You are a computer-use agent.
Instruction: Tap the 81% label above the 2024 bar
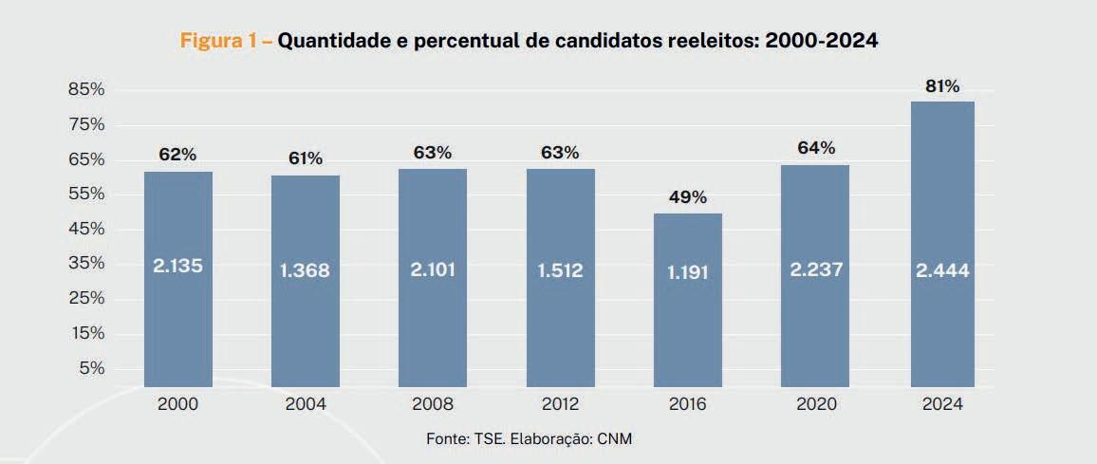tap(942, 86)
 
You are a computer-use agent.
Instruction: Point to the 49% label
tap(687, 197)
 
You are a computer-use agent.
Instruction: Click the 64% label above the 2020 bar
tap(815, 148)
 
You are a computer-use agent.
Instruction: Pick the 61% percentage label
tap(306, 158)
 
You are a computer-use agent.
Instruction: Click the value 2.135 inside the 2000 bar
tap(177, 267)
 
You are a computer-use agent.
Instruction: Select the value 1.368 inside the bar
tap(305, 270)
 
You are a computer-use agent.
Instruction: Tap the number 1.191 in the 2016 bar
tap(688, 271)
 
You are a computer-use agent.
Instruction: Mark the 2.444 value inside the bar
tap(942, 270)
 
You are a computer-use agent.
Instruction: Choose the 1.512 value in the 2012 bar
tap(560, 270)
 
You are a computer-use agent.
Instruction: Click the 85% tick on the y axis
tap(85, 89)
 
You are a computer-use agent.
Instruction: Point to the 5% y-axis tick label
tap(91, 367)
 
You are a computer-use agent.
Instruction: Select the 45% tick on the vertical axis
tap(85, 229)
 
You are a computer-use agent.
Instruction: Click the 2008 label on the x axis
tap(433, 404)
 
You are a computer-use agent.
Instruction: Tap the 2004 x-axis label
tap(306, 404)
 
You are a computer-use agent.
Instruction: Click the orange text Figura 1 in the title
tap(220, 42)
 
